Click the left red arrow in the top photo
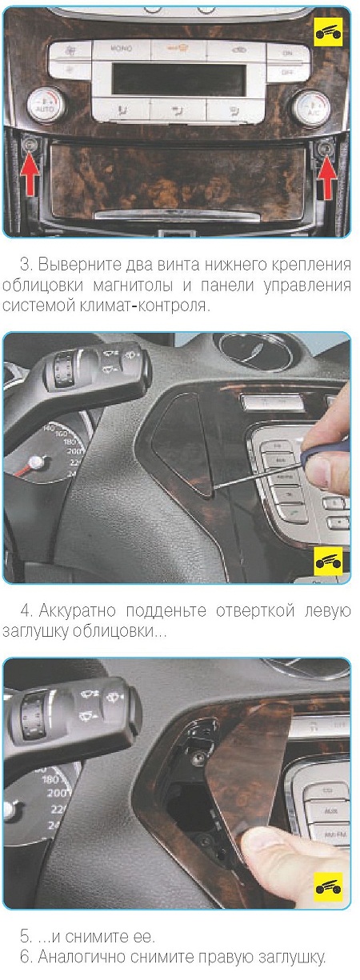coord(30,175)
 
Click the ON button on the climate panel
coord(287,53)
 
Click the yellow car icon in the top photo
coord(330,32)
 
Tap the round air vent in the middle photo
coord(255,351)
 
